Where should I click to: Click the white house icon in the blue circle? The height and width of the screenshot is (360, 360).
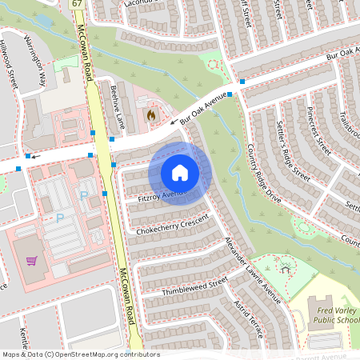click(180, 172)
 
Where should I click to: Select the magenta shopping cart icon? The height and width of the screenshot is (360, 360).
click(31, 260)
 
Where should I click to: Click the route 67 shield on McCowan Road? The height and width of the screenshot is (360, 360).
click(77, 4)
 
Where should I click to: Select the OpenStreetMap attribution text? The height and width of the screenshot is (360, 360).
click(80, 354)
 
